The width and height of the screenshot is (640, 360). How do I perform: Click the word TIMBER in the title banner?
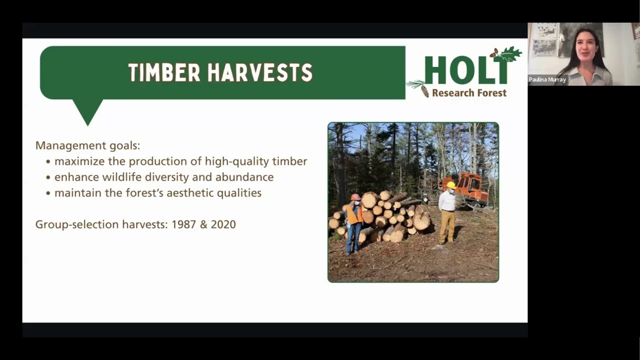point(164,73)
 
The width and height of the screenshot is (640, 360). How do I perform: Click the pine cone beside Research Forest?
point(424,91)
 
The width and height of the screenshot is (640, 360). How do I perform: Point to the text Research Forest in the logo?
point(469,92)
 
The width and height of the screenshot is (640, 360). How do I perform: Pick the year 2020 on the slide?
point(223,224)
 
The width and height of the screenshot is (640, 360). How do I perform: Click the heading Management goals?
point(87,145)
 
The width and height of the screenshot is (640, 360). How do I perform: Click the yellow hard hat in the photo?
point(450,185)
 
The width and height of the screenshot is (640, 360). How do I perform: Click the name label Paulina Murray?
point(547,79)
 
